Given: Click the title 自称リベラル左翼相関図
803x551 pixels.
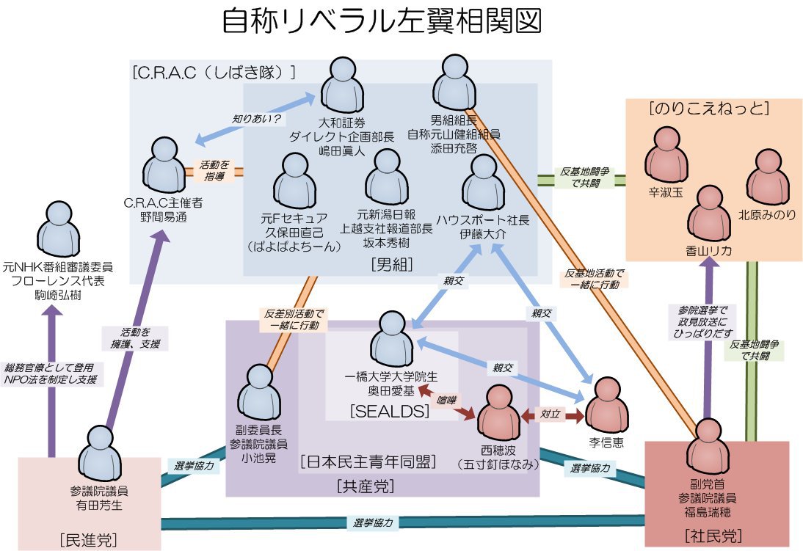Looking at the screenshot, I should (x=382, y=22).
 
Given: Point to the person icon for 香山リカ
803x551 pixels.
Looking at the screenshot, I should (x=709, y=212).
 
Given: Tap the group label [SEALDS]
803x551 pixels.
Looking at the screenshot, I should (x=390, y=412).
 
